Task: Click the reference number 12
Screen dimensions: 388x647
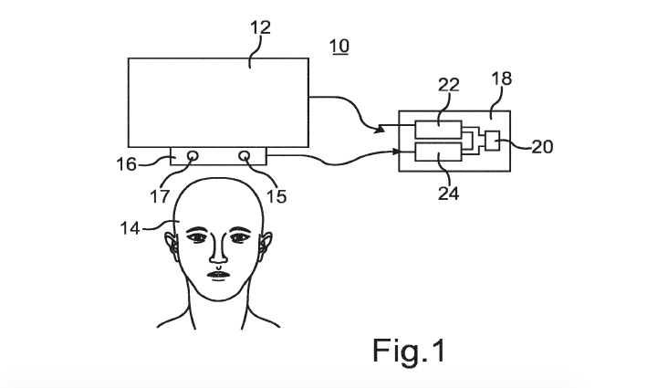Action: pos(260,28)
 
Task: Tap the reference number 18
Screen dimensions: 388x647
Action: pos(501,79)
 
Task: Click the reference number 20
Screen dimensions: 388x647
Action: pos(541,144)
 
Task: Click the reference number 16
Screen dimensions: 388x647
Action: pos(126,164)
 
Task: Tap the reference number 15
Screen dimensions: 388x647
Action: pos(276,194)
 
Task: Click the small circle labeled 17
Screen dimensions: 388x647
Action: pos(193,156)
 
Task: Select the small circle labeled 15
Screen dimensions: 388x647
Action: pos(245,156)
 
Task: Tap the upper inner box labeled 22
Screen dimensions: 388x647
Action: pos(437,126)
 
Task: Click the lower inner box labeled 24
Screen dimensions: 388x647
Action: pos(437,152)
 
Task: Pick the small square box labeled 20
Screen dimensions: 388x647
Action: pos(493,142)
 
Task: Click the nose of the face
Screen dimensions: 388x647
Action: pos(219,248)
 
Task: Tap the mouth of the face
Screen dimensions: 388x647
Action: pos(219,274)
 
